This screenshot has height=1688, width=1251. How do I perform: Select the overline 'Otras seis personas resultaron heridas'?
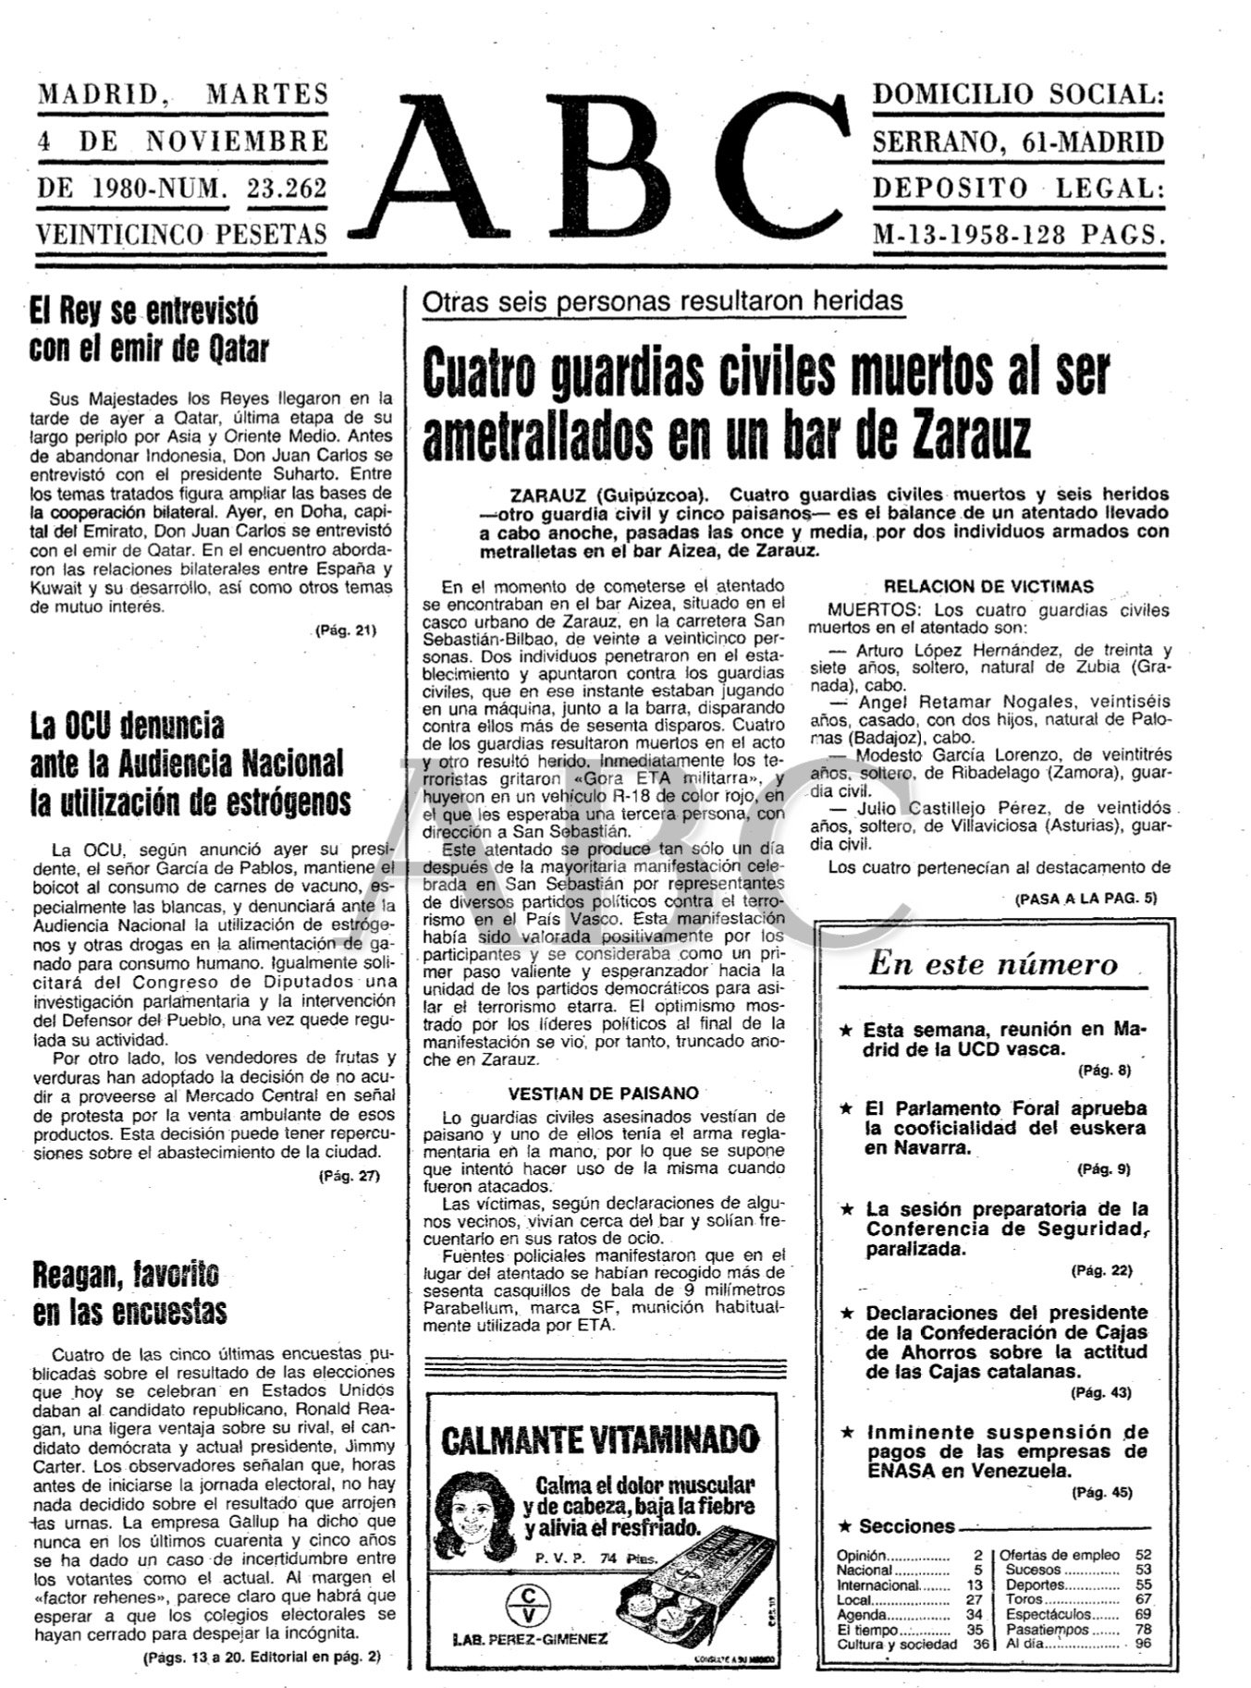(x=662, y=301)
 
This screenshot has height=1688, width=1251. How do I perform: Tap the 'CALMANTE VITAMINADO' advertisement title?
(x=600, y=1438)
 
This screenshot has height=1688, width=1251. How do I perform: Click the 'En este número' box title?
(x=992, y=965)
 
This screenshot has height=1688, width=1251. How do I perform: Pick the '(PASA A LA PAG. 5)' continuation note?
(x=1085, y=898)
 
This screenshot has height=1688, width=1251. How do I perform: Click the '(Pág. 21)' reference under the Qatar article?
(x=347, y=631)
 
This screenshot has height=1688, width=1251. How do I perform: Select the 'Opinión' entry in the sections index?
(x=862, y=1555)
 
